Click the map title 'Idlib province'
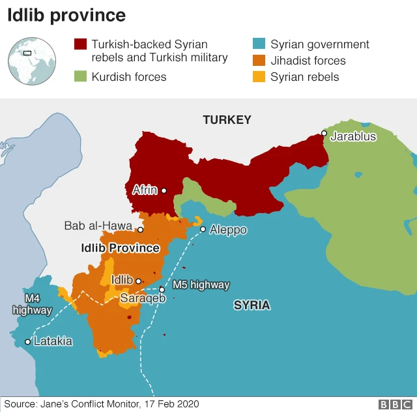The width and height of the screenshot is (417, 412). point(66,16)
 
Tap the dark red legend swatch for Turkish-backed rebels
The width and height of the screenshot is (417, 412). point(80,44)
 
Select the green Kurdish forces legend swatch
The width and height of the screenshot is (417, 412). point(80,77)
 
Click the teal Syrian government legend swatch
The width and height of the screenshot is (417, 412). point(259,44)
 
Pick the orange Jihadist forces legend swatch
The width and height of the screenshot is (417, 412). point(259,61)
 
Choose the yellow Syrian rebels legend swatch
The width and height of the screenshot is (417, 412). point(259,77)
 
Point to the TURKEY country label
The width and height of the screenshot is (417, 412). point(227,120)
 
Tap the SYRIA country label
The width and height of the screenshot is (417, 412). point(252,305)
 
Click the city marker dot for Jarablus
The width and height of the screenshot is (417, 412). point(324,133)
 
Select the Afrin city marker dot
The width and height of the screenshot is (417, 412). point(164,191)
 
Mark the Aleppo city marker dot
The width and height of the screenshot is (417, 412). point(203,229)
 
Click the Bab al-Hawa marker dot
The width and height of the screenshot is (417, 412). point(140,230)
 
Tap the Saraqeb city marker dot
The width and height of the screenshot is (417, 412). point(162,290)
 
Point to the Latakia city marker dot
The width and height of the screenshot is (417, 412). point(27,342)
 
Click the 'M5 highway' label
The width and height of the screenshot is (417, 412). point(201,285)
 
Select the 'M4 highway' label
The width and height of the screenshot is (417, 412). point(31,304)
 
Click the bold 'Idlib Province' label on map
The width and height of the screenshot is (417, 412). point(120,248)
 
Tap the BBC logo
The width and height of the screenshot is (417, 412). point(394,405)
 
